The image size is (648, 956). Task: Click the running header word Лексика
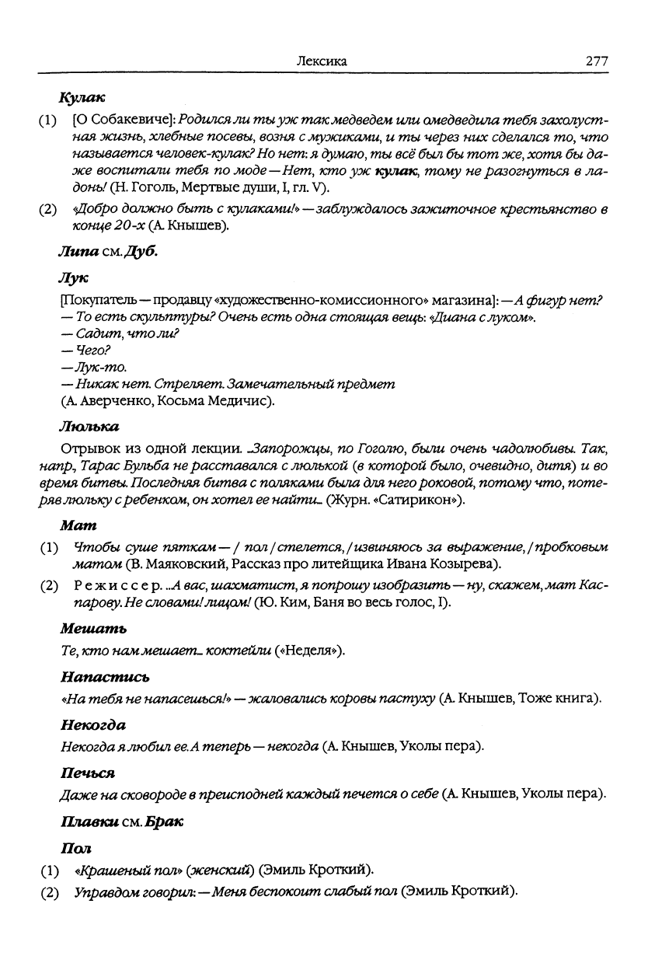(322, 61)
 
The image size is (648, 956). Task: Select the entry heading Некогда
(92, 726)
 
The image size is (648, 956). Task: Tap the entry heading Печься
(86, 774)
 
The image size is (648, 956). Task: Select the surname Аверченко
(110, 401)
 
